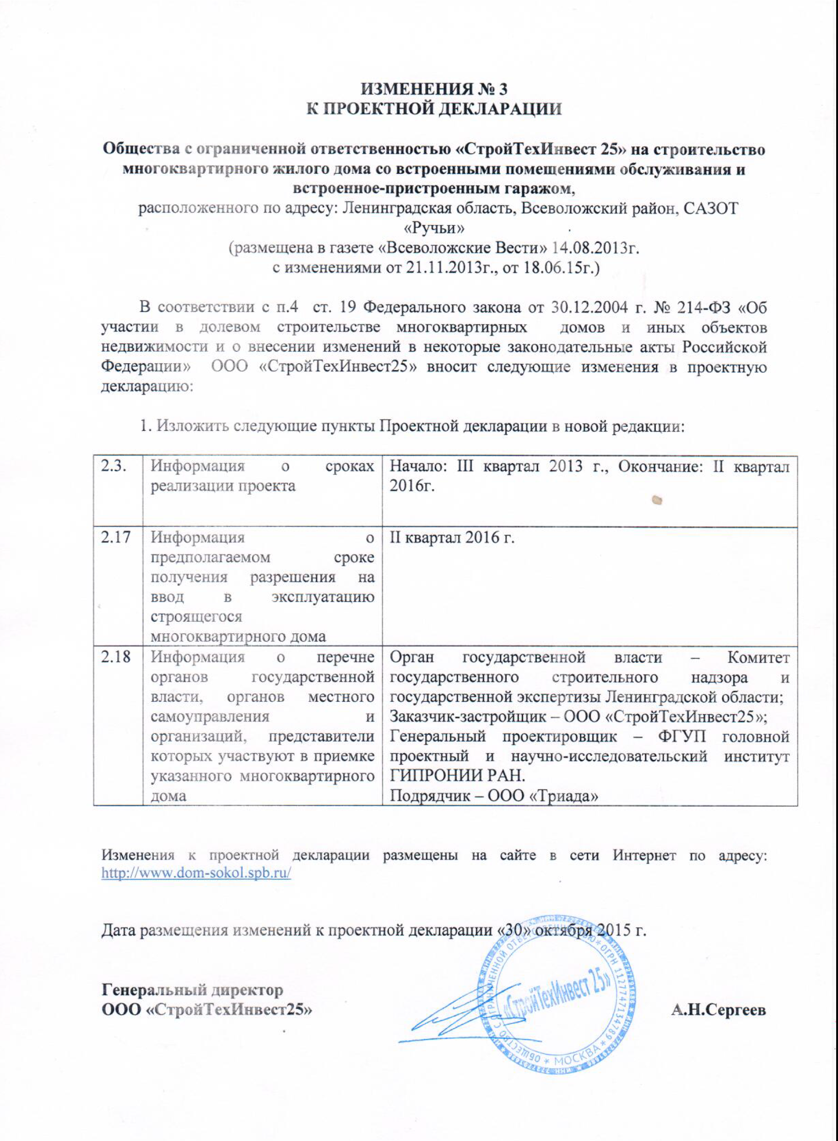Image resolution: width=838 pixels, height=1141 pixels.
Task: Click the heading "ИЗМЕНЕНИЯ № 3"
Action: (x=434, y=89)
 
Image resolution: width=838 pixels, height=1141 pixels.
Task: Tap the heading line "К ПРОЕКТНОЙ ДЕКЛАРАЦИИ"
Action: (x=434, y=109)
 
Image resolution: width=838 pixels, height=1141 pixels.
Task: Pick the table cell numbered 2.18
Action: (x=116, y=657)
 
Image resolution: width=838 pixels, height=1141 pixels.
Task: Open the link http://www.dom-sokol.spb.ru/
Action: (x=196, y=873)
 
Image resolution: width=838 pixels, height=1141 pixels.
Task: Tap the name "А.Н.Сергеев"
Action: (x=718, y=1010)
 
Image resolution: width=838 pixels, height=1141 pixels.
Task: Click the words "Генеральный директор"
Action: (x=193, y=990)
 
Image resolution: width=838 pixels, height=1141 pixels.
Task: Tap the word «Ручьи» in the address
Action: (x=434, y=229)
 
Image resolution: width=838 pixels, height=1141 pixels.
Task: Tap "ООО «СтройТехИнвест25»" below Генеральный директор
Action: (x=207, y=1010)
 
